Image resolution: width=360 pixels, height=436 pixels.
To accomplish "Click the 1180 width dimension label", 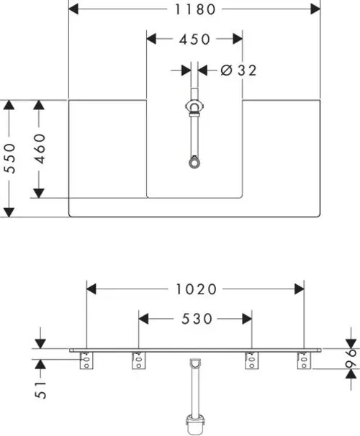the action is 194,9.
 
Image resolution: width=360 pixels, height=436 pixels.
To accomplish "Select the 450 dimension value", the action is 194,39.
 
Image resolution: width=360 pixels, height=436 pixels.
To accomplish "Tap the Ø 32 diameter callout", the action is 238,70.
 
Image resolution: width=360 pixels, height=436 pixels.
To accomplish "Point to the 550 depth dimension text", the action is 10,158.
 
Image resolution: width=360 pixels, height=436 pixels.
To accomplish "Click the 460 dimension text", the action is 39,148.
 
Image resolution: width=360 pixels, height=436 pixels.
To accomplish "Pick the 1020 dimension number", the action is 196,289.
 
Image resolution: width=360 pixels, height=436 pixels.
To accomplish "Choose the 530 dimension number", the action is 197,319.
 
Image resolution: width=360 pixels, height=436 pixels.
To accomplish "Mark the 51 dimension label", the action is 40,390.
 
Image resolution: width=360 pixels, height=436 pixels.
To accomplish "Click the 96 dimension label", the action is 351,358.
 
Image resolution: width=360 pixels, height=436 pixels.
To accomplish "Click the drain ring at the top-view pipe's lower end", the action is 194,163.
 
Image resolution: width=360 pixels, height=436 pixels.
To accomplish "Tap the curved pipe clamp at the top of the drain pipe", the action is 194,106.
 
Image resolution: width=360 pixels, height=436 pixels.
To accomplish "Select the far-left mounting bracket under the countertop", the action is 86,360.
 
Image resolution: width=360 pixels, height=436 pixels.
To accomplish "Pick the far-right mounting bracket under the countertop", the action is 304,360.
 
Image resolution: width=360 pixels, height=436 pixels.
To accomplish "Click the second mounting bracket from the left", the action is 138,360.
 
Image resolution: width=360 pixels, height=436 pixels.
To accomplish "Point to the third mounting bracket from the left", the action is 251,360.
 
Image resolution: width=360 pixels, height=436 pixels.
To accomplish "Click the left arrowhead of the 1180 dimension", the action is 73,9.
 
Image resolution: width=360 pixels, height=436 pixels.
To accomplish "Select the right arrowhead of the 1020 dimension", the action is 299,289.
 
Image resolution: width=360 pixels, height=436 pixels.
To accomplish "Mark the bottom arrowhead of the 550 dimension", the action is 9,212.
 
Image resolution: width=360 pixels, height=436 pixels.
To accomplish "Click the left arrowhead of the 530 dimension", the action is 143,319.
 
